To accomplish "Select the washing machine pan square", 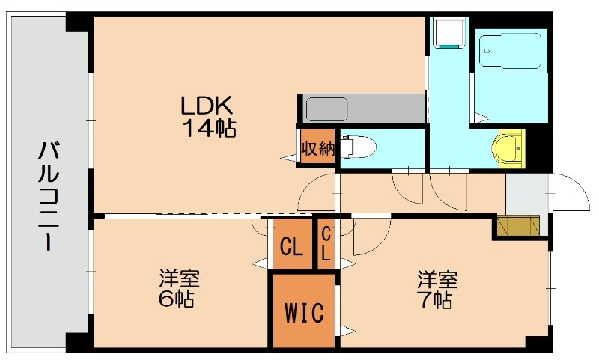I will (x=451, y=34).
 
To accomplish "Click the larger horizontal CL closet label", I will (x=291, y=244).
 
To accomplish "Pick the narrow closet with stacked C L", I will (x=326, y=243).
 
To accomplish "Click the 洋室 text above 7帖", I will (x=437, y=280).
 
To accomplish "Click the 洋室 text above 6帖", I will (x=179, y=279).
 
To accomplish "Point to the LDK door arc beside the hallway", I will (x=314, y=193).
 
